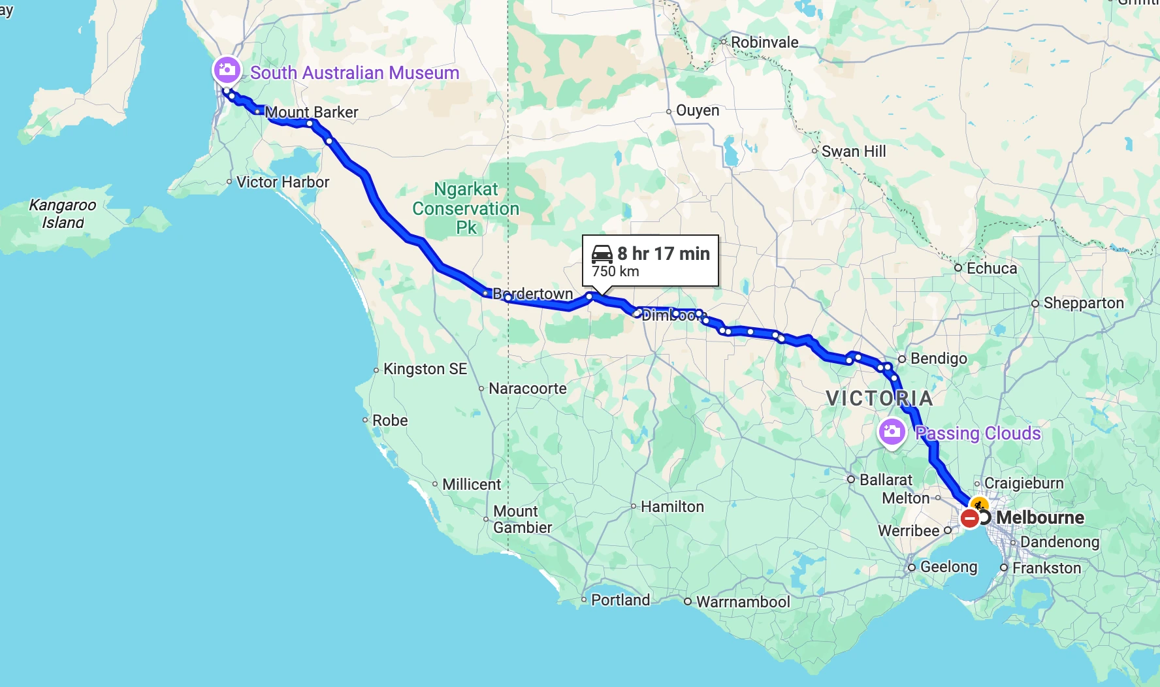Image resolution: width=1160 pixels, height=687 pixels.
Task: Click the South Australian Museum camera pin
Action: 227,69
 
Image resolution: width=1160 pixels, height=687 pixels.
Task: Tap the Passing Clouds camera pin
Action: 892,432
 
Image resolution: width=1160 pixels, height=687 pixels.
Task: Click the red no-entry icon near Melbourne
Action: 970,519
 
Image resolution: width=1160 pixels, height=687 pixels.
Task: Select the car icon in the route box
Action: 602,253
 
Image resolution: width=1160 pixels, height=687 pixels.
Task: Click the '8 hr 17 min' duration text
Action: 663,253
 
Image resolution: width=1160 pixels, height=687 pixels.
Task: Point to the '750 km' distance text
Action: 615,272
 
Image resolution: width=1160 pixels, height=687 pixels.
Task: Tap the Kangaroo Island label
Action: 63,214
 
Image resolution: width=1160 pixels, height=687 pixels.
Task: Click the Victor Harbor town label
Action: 282,182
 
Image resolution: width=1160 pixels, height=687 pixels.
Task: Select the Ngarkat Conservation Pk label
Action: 466,208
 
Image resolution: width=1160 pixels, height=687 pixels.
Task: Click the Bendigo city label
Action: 938,359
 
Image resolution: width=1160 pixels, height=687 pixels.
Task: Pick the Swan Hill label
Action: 853,152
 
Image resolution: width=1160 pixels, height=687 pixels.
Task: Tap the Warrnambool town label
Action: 743,602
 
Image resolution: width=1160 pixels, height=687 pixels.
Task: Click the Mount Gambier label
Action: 522,519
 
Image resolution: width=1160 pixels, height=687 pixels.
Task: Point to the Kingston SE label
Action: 425,369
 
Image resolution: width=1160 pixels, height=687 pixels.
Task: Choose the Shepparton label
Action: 1083,303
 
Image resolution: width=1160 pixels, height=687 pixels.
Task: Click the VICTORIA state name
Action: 879,398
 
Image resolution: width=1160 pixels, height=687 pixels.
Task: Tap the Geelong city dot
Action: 912,567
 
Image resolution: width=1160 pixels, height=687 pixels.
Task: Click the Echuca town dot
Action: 958,268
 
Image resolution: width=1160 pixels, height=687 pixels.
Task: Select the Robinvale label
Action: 764,42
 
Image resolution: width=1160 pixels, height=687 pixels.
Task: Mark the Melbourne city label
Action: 1040,518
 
